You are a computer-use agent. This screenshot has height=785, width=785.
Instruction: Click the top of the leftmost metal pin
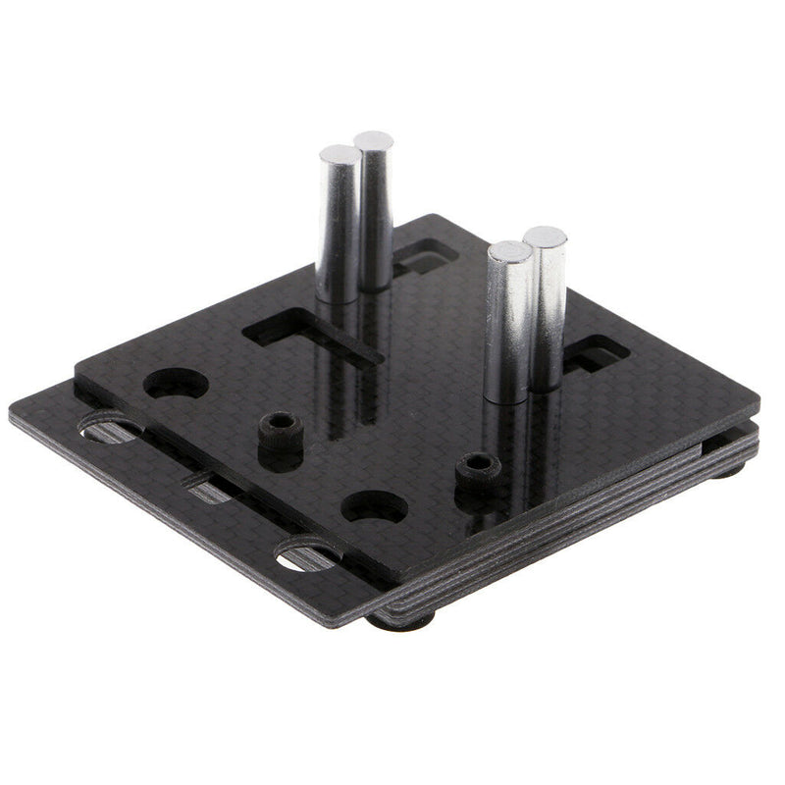[339, 154]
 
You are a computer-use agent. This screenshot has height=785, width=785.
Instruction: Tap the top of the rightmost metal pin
[545, 236]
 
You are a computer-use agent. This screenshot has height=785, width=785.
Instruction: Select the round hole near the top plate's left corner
[177, 383]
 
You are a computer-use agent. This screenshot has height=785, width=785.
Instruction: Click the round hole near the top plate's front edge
[374, 506]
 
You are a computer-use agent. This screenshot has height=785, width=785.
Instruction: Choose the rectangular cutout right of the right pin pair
[596, 353]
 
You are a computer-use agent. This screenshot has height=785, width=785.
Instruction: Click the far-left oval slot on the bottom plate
[109, 429]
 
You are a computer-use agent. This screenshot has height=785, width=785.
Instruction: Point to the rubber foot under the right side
[727, 470]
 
